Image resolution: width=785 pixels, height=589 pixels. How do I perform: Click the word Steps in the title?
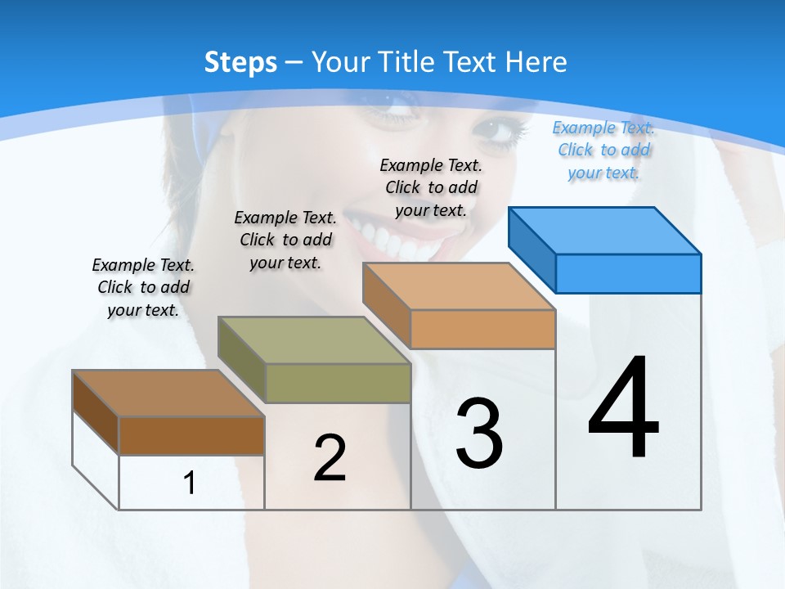(240, 62)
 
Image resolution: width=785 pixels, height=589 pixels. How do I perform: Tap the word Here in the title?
(536, 62)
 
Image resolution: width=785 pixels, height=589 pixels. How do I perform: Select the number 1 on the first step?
(190, 483)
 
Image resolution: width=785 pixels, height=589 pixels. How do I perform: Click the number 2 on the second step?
(330, 458)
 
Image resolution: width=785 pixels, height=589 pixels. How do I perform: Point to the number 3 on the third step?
(479, 434)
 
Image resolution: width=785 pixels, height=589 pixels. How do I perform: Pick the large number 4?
(623, 409)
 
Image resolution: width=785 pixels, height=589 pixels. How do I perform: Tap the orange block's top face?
(459, 286)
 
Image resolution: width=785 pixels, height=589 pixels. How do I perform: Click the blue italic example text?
(603, 151)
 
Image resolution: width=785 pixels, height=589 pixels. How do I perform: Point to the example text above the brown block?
(143, 287)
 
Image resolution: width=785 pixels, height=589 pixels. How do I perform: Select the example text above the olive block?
(285, 240)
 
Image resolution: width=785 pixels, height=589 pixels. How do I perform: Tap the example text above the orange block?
(431, 187)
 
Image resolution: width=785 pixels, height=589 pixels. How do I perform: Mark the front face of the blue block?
(628, 273)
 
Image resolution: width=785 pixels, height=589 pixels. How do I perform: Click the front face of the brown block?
(191, 435)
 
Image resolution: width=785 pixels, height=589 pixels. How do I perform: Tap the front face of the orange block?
(482, 329)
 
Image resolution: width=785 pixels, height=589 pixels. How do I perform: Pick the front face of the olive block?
(338, 383)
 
